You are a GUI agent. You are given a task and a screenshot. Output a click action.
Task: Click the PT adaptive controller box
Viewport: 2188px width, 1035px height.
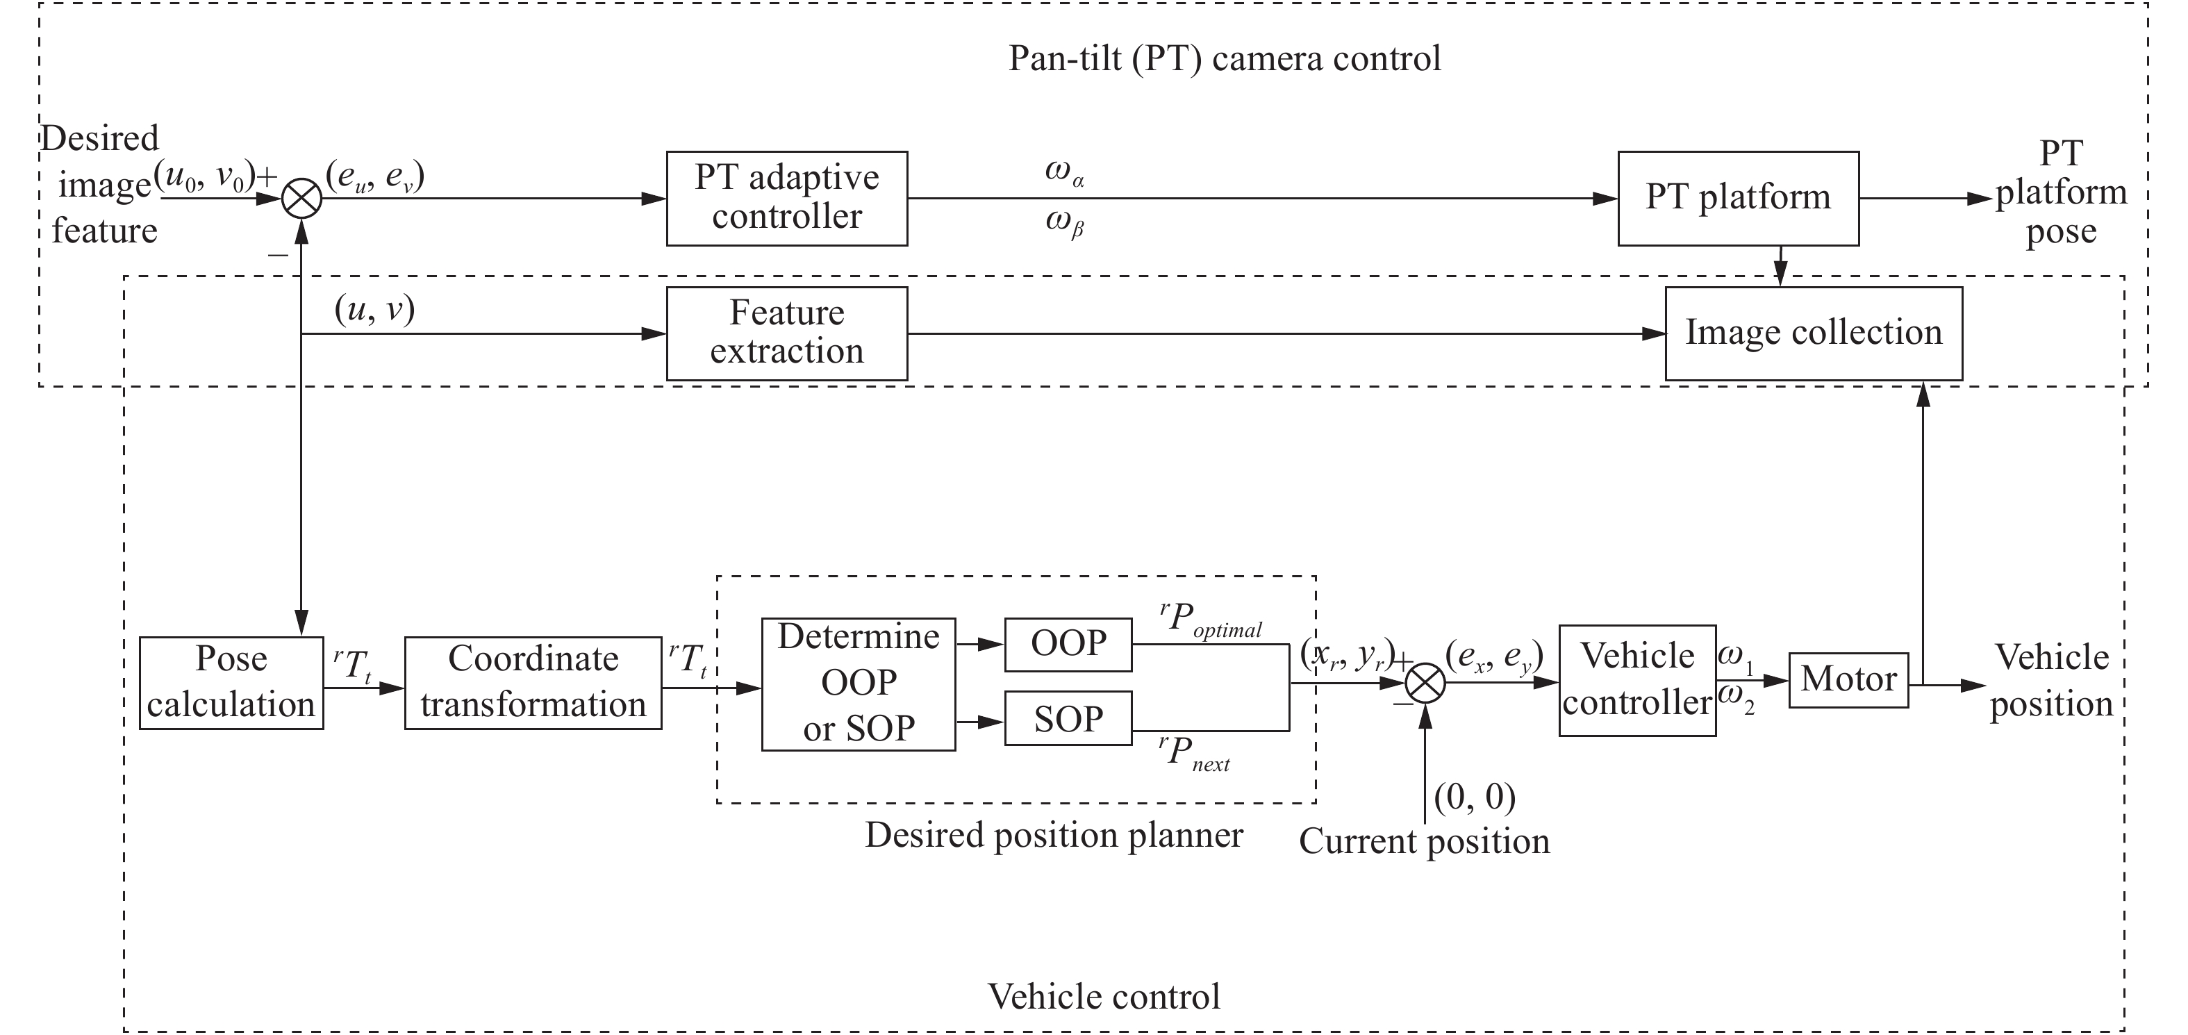click(786, 198)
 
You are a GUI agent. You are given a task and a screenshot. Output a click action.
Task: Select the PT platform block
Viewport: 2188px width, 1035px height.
click(1738, 198)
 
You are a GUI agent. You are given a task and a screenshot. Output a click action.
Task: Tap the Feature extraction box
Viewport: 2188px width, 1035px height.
click(786, 333)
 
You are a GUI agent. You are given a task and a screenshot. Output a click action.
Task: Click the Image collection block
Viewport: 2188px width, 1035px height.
click(1814, 333)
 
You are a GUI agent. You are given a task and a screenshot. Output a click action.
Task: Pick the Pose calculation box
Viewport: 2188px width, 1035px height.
click(231, 682)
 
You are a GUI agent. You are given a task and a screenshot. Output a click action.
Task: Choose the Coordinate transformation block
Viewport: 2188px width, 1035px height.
click(533, 682)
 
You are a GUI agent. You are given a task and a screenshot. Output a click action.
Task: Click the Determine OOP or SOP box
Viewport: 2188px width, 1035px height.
click(858, 684)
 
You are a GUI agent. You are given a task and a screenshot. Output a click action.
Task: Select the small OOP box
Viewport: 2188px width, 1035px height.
click(1068, 644)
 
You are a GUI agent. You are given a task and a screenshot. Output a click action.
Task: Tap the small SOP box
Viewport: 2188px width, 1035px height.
click(1068, 718)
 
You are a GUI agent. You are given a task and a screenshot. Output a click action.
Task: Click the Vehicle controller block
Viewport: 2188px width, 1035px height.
click(1636, 680)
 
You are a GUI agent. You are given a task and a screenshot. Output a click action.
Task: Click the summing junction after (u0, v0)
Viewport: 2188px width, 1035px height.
click(301, 199)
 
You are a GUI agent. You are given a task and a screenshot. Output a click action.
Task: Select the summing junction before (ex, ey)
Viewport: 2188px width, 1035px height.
click(1425, 682)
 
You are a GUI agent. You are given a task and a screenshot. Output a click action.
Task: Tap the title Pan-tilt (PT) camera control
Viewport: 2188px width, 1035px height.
click(1224, 58)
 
